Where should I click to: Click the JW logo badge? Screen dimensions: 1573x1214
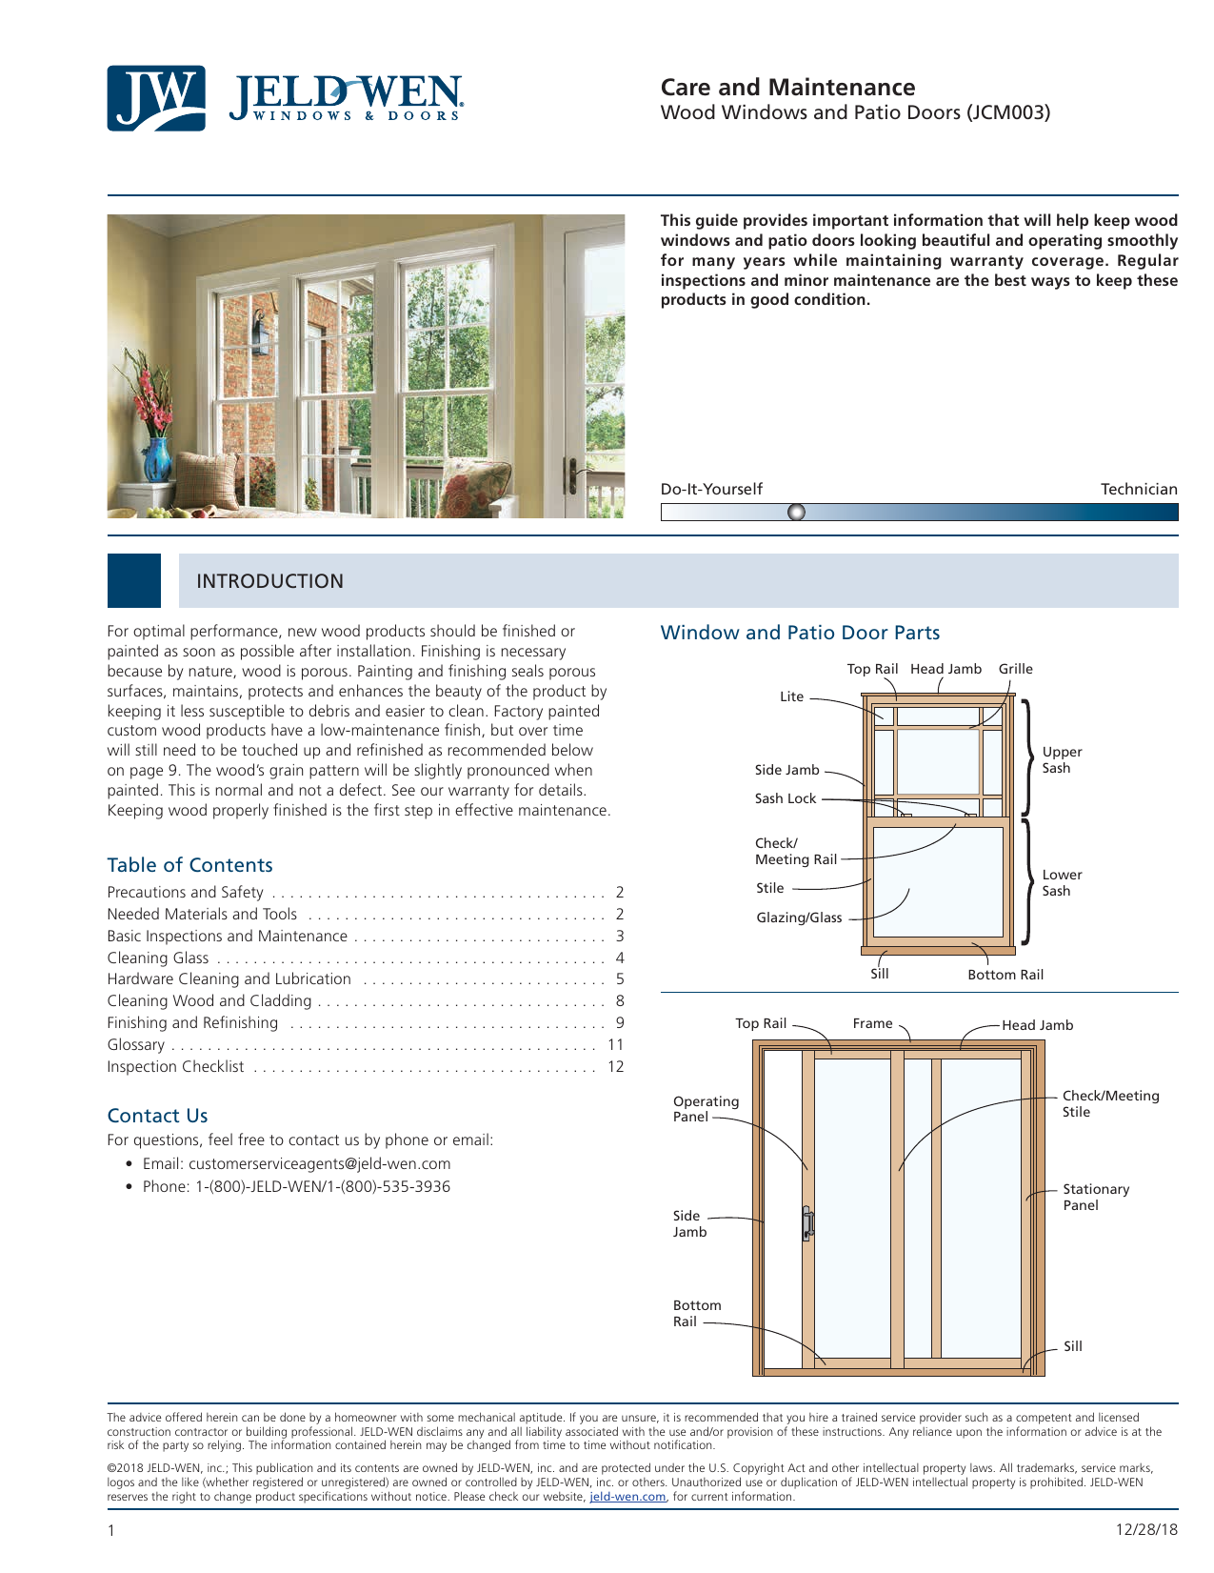(155, 98)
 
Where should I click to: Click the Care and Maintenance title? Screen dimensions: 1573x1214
(787, 88)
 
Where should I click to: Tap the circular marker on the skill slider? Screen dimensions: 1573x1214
(797, 513)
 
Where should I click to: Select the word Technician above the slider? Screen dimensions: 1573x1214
(1139, 489)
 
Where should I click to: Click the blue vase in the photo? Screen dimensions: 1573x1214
(157, 459)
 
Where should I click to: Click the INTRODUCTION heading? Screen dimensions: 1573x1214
(269, 581)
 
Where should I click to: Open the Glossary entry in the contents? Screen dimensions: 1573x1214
(136, 1045)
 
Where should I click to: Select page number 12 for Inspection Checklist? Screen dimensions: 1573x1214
(616, 1067)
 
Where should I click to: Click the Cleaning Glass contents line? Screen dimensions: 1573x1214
(158, 958)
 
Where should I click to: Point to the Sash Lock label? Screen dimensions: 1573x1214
(786, 798)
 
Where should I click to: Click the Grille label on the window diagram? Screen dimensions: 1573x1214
(1015, 669)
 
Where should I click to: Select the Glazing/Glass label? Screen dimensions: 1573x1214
(799, 918)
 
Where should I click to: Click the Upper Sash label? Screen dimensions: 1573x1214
(1062, 760)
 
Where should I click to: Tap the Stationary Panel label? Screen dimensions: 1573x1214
(1096, 1198)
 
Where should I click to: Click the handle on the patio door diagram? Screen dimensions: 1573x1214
(807, 1223)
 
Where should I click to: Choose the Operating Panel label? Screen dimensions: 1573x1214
(706, 1109)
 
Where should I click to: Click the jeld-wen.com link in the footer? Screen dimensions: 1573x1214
(627, 1497)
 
